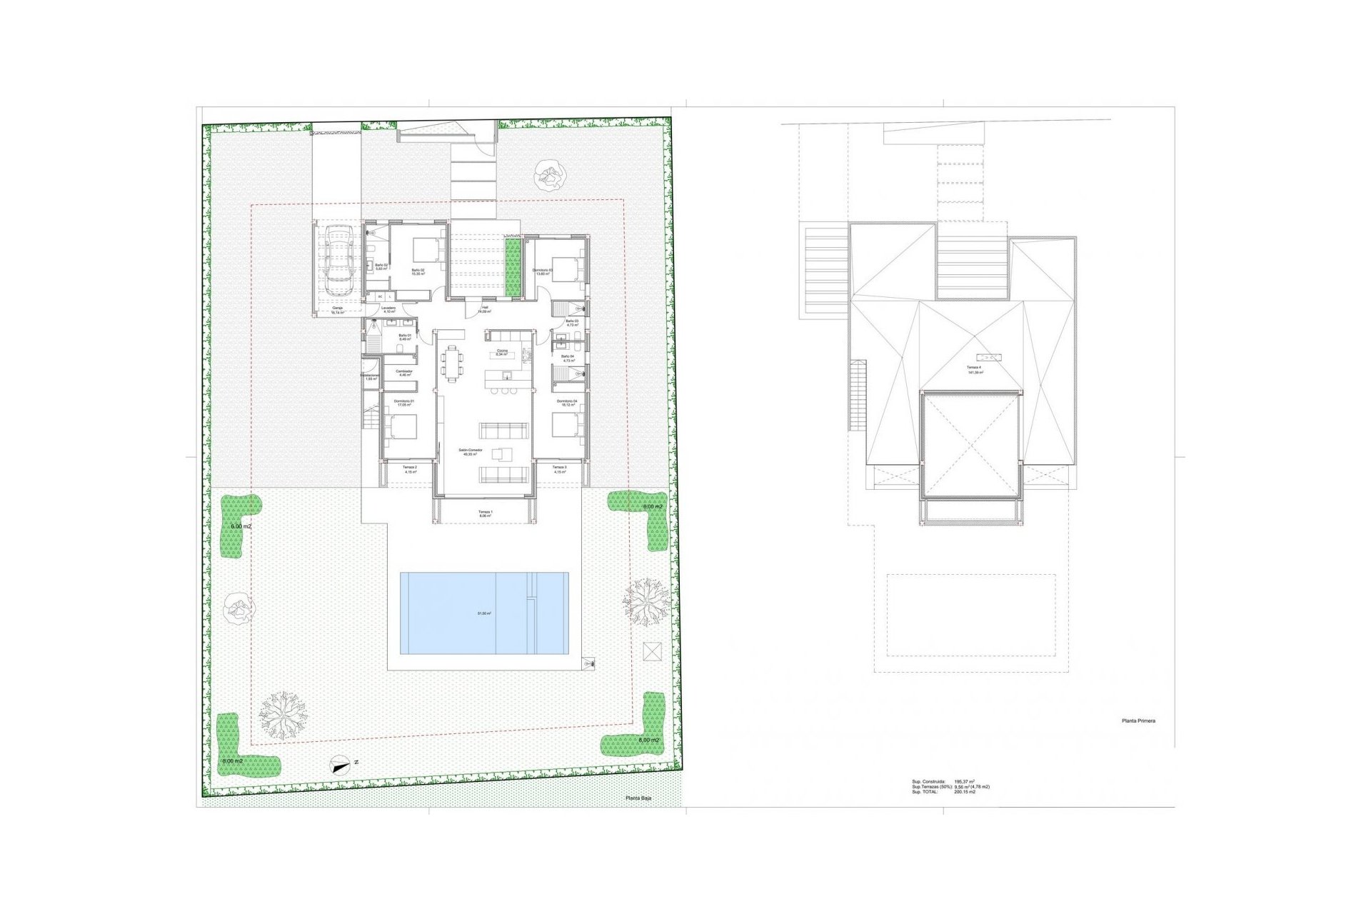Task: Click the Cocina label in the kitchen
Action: [503, 351]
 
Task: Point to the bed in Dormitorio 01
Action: [402, 426]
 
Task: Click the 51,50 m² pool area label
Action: [484, 613]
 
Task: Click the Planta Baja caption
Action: [638, 798]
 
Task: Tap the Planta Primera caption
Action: [1138, 721]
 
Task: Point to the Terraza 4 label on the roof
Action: [975, 368]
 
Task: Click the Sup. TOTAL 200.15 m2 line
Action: [943, 792]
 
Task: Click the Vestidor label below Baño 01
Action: [404, 372]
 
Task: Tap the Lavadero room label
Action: [388, 309]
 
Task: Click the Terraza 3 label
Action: [559, 468]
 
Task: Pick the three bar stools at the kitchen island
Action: [505, 391]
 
